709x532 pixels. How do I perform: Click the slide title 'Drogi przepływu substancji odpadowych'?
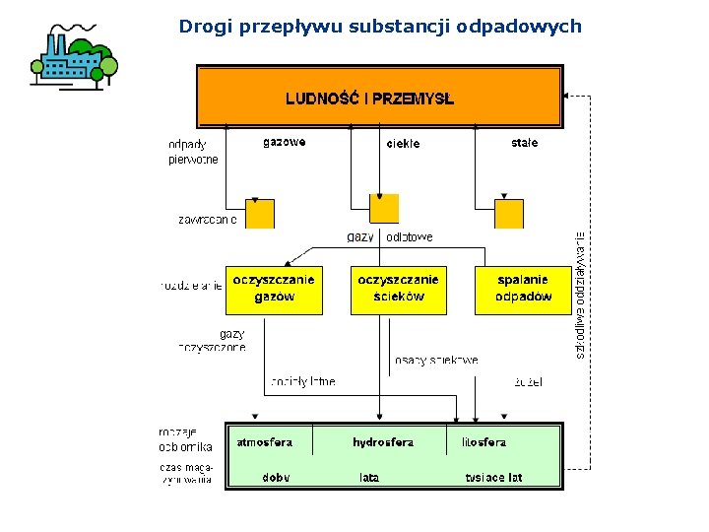pyautogui.click(x=380, y=27)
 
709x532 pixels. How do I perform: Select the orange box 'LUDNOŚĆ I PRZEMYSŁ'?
pyautogui.click(x=379, y=97)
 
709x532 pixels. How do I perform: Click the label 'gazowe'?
pyautogui.click(x=284, y=142)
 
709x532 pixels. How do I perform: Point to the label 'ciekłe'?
pyautogui.click(x=403, y=144)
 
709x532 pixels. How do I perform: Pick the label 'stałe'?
pyautogui.click(x=524, y=143)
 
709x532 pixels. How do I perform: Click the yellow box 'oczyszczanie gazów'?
pyautogui.click(x=274, y=289)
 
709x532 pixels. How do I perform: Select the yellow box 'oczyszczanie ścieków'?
pyautogui.click(x=398, y=289)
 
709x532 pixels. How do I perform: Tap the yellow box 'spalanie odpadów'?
pyautogui.click(x=522, y=289)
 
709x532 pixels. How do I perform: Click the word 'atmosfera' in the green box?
pyautogui.click(x=264, y=442)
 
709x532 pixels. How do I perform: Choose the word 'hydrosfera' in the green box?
pyautogui.click(x=383, y=442)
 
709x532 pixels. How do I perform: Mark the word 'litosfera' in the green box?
pyautogui.click(x=483, y=442)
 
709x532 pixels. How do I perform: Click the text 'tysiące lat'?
pyautogui.click(x=493, y=478)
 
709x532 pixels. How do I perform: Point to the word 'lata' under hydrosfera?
pyautogui.click(x=369, y=478)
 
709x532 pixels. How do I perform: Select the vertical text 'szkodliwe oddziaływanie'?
pyautogui.click(x=581, y=296)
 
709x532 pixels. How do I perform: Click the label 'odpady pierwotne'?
pyautogui.click(x=193, y=152)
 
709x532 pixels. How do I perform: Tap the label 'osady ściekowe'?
pyautogui.click(x=436, y=361)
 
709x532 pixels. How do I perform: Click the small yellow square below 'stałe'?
pyautogui.click(x=509, y=214)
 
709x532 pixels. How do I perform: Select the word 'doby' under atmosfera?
pyautogui.click(x=276, y=478)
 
